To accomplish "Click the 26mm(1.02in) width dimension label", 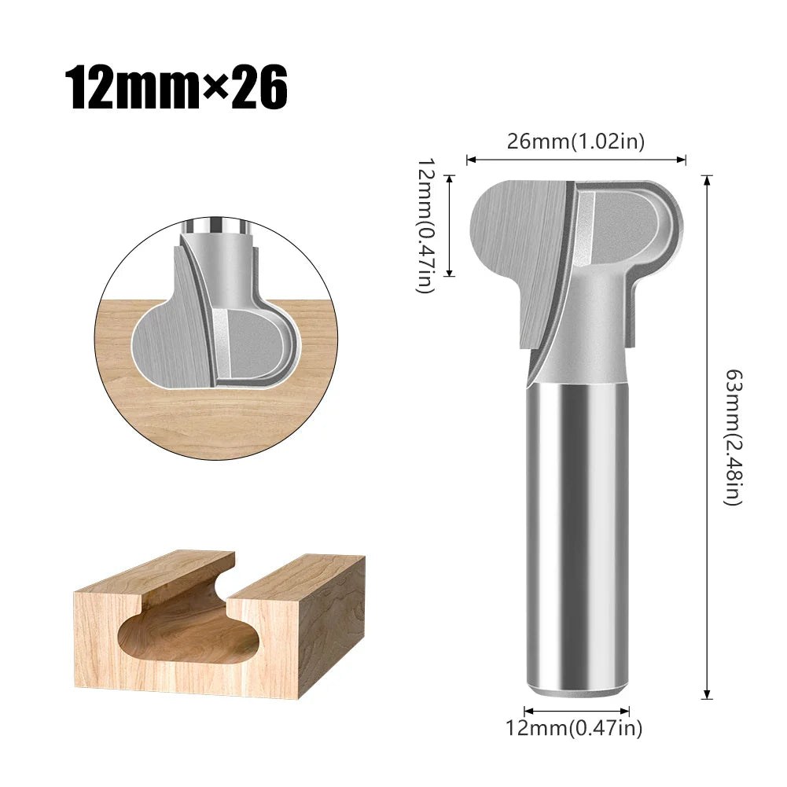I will coord(576,142).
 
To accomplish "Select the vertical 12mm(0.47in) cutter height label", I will coord(425,225).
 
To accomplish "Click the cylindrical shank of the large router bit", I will coord(576,535).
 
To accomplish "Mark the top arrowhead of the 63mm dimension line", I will coord(708,178).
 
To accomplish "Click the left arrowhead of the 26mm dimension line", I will coord(470,160).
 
